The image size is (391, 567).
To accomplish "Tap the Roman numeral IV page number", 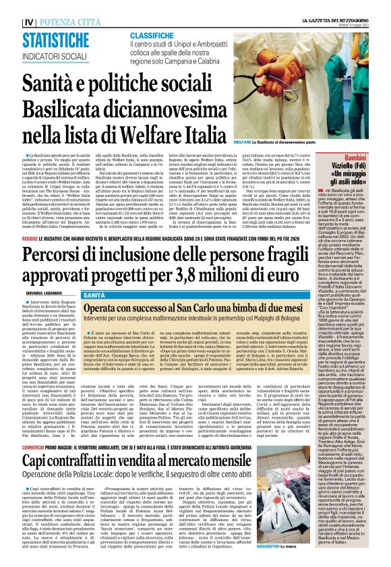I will [28, 5].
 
